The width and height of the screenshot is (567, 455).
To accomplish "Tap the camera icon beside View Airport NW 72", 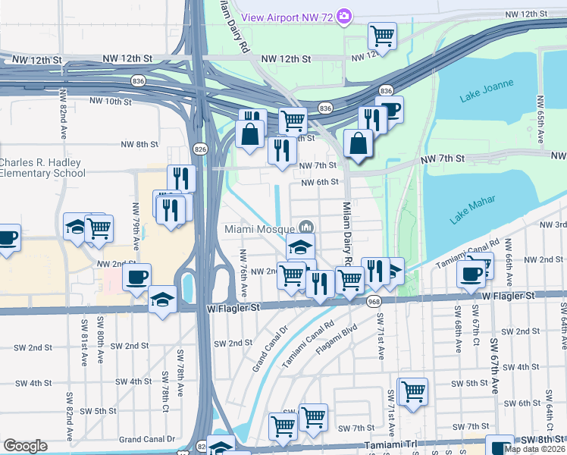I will [x=345, y=16].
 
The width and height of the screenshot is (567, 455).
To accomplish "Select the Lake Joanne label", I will [x=487, y=90].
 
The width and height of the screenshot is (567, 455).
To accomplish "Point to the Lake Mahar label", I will [x=472, y=209].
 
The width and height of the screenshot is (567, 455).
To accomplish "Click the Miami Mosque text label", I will [x=260, y=227].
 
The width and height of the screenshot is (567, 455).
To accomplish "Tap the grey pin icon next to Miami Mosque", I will [x=307, y=227].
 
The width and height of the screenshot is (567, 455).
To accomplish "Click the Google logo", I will [x=25, y=446].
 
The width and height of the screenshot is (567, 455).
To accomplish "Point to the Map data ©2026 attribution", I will [x=534, y=449].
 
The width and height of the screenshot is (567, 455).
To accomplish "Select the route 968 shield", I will [x=374, y=302].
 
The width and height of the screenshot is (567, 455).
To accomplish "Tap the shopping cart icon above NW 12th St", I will [x=383, y=35].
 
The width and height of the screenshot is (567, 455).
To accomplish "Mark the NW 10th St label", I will [x=110, y=101].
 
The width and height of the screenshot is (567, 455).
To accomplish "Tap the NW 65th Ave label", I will [x=540, y=121].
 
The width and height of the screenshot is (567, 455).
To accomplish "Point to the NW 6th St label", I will [x=319, y=182].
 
